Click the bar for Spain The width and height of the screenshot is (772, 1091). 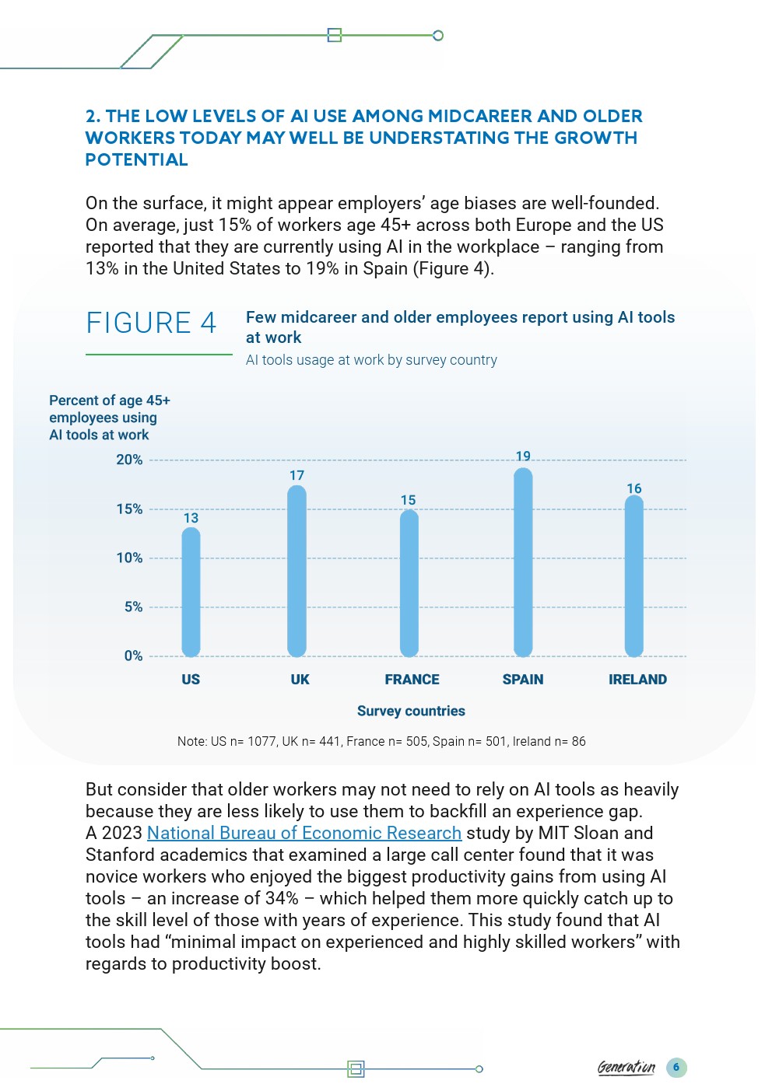click(x=523, y=562)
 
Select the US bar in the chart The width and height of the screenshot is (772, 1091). click(x=191, y=592)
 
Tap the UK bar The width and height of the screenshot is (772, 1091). click(x=297, y=571)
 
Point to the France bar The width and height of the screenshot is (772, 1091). click(x=409, y=583)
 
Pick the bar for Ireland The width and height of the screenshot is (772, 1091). click(x=634, y=576)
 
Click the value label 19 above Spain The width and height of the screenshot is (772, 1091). click(x=523, y=456)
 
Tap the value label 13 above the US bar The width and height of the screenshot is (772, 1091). click(x=191, y=518)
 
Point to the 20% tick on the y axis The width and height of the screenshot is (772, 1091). click(x=129, y=460)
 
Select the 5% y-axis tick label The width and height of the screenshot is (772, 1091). click(x=133, y=607)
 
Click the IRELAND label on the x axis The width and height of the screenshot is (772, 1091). click(x=637, y=680)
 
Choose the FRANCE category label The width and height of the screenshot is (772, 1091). click(x=412, y=680)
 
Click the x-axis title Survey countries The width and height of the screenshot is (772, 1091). click(x=411, y=711)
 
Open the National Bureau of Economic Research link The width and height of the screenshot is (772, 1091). click(x=304, y=833)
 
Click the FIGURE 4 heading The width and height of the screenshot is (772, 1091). click(x=151, y=323)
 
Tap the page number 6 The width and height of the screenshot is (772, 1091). click(x=676, y=1067)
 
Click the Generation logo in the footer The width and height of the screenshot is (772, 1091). click(x=626, y=1068)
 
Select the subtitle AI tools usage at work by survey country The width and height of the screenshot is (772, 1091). click(x=371, y=360)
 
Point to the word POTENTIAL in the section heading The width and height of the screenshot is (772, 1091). click(x=136, y=159)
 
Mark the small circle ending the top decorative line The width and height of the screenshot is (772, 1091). click(x=438, y=36)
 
